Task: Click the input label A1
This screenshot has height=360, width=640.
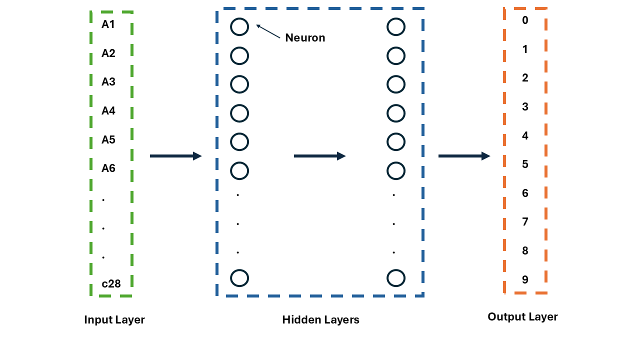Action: coord(108,24)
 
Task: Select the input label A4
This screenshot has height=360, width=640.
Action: coord(108,110)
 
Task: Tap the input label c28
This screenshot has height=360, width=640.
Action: coord(111,283)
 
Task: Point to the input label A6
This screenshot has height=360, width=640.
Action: coord(108,168)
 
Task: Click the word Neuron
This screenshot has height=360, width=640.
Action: coord(305,37)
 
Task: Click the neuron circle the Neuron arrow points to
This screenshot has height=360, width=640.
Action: coord(239,27)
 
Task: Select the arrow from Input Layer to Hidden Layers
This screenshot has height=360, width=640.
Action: coord(175,156)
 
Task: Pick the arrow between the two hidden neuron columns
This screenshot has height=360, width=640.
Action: coord(319,156)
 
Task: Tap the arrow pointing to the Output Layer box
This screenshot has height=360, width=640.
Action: coord(464,156)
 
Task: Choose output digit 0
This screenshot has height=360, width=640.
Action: coord(525,20)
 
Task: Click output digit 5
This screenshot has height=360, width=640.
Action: coord(525,164)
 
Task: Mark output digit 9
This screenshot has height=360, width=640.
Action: coord(525,279)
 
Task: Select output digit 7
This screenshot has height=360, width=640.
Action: coord(525,221)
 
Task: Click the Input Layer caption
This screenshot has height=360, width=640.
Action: coord(114,320)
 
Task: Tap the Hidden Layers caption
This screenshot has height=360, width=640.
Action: coord(320,320)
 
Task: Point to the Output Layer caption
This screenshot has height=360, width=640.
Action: coord(522,316)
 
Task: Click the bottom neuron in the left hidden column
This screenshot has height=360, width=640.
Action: coord(239,277)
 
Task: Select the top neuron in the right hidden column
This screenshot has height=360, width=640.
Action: coord(396,27)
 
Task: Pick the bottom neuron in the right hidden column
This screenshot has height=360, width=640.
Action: coord(396,277)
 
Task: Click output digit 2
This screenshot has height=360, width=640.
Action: coord(525,77)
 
